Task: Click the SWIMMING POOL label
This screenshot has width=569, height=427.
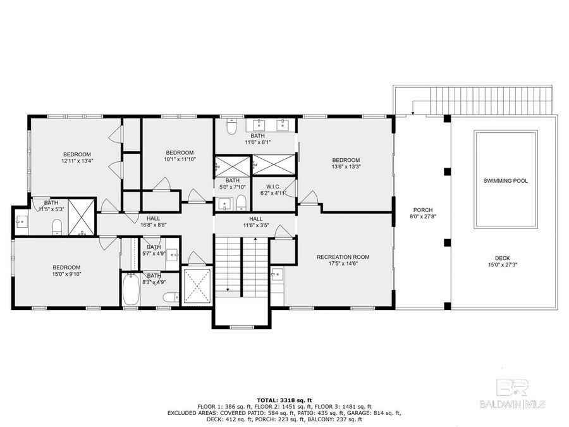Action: point(505,181)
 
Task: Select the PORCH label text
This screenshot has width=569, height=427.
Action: point(422,213)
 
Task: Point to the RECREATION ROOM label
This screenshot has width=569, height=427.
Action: point(343,261)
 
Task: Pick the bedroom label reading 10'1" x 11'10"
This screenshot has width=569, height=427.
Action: point(179,156)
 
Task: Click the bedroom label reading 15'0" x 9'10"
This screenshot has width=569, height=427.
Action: point(66,271)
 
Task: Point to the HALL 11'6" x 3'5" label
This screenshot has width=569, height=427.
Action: point(255,222)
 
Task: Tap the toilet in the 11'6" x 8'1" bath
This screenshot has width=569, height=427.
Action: point(231,129)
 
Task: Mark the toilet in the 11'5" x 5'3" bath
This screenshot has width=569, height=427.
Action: point(56,226)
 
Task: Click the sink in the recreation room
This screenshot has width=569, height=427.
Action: point(276,274)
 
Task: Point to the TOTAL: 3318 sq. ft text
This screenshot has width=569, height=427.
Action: point(284,400)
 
